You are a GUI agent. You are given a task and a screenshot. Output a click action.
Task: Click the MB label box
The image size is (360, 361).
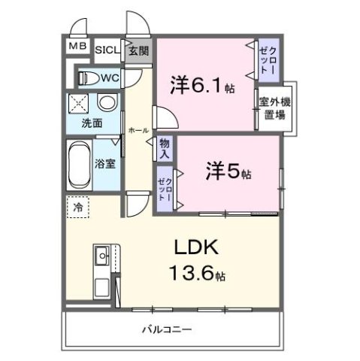point(77,47)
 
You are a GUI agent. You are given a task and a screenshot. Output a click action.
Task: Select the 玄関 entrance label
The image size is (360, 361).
point(138,50)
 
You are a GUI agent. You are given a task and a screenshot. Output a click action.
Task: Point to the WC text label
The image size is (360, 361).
point(110,77)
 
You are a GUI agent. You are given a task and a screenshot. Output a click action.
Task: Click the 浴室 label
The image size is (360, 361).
point(105,163)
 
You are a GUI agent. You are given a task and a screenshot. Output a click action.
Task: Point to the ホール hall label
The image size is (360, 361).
point(138,130)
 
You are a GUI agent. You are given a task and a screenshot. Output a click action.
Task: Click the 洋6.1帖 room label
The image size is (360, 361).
point(201,86)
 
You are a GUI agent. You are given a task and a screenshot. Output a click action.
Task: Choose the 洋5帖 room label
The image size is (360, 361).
point(228,171)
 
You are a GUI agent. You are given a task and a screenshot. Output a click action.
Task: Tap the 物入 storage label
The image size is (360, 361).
point(165,147)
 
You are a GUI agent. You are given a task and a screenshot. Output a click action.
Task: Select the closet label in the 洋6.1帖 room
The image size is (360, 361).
point(268,58)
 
